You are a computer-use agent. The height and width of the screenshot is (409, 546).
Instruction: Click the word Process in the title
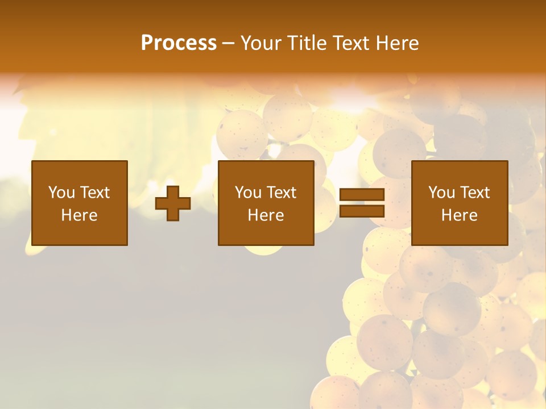pyautogui.click(x=179, y=43)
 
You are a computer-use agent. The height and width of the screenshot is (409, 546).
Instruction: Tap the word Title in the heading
pyautogui.click(x=306, y=43)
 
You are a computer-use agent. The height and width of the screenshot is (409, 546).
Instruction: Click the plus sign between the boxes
pyautogui.click(x=173, y=203)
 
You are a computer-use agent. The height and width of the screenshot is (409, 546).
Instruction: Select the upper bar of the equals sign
pyautogui.click(x=362, y=195)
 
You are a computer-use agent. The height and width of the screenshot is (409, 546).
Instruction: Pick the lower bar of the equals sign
pyautogui.click(x=362, y=211)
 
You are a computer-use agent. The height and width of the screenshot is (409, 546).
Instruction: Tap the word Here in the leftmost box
pyautogui.click(x=79, y=215)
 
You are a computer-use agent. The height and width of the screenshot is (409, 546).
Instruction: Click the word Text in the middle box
pyautogui.click(x=282, y=193)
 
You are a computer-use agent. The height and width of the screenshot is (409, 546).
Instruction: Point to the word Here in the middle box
pyautogui.click(x=266, y=215)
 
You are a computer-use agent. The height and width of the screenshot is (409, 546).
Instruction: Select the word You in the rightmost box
pyautogui.click(x=442, y=193)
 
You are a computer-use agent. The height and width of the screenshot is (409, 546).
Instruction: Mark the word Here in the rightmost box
pyautogui.click(x=459, y=215)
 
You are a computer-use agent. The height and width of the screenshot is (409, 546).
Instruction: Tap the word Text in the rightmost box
pyautogui.click(x=475, y=193)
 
